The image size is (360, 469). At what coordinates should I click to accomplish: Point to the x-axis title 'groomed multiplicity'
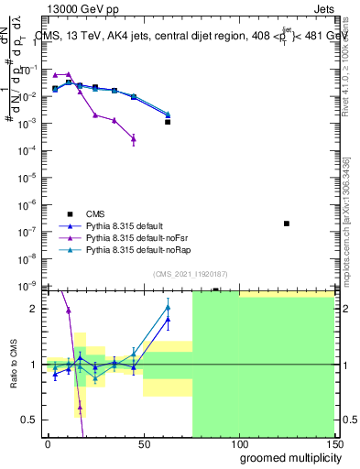pyautogui.click(x=287, y=458)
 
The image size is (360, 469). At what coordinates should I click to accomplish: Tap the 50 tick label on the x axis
pyautogui.click(x=142, y=443)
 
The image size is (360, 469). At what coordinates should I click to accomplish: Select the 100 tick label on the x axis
pyautogui.click(x=238, y=443)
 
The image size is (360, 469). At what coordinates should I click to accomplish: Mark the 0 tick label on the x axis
pyautogui.click(x=48, y=443)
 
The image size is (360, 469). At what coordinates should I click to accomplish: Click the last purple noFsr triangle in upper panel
pyautogui.click(x=134, y=139)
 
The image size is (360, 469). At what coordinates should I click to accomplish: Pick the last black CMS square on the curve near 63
pyautogui.click(x=168, y=121)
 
